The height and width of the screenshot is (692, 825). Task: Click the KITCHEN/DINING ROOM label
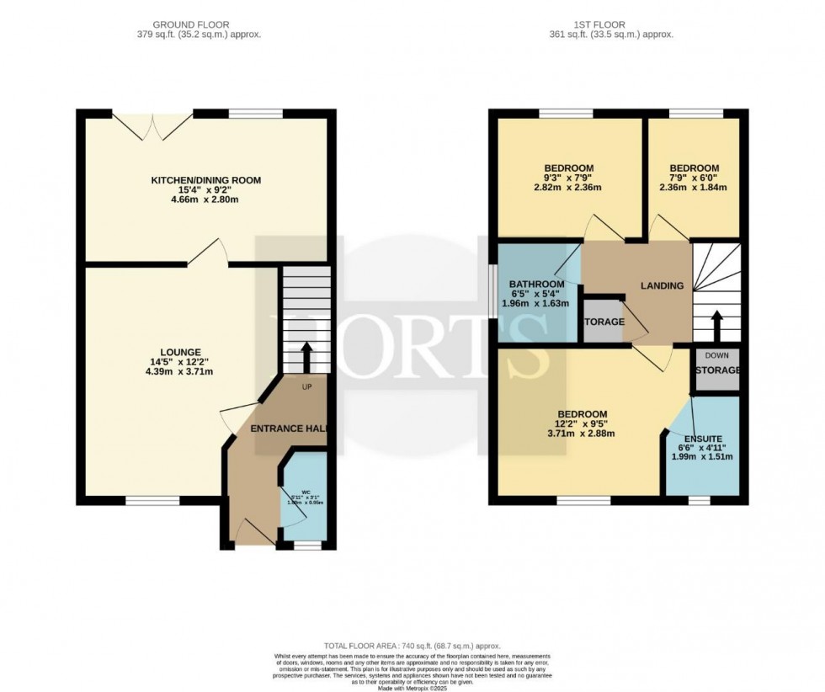[205, 180]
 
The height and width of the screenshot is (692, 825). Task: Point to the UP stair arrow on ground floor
[306, 356]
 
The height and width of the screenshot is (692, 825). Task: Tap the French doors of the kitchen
[152, 126]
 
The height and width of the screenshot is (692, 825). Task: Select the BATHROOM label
[536, 284]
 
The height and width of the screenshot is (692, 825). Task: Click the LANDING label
[662, 286]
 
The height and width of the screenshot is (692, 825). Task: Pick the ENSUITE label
[703, 438]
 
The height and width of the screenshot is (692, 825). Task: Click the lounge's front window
[152, 501]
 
